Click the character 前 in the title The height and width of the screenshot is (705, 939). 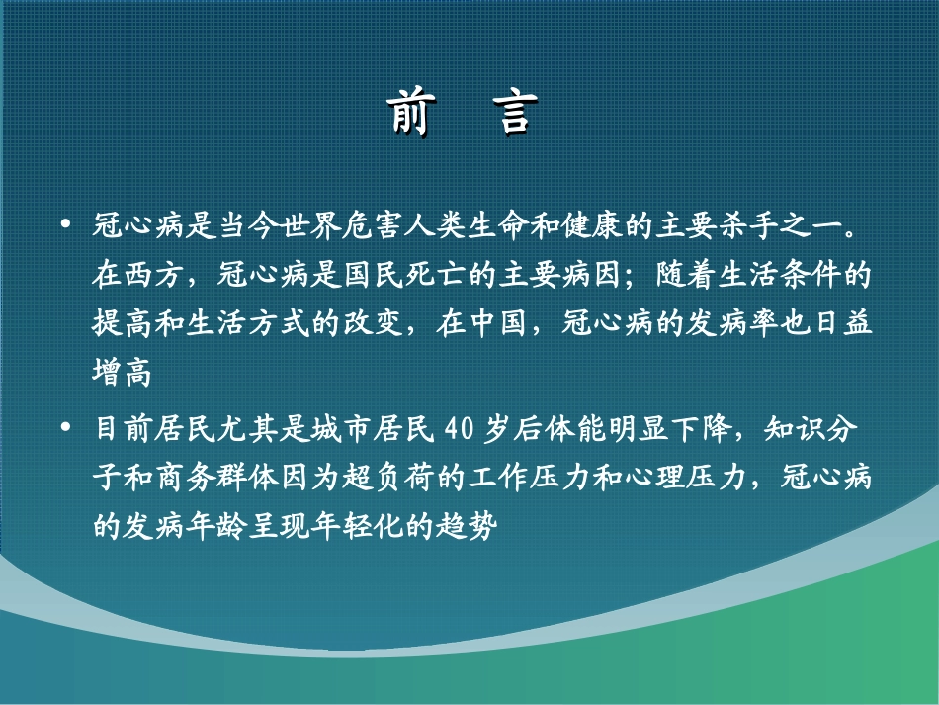pos(408,114)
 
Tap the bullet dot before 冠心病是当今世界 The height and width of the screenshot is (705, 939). pos(66,226)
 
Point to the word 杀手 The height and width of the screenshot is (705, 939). pos(776,226)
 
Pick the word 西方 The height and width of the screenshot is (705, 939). pos(152,276)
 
